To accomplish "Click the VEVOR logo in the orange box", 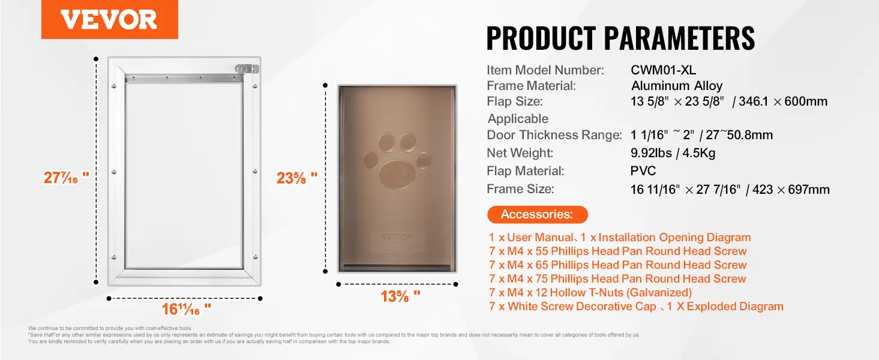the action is click(x=109, y=20).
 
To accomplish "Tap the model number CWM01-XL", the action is click(x=663, y=70).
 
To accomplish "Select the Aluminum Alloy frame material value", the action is click(x=677, y=86).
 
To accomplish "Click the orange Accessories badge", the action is click(x=537, y=214).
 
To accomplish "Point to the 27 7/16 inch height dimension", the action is click(x=67, y=178).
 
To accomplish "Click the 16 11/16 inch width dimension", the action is click(x=187, y=309).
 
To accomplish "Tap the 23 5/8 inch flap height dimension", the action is click(x=296, y=178).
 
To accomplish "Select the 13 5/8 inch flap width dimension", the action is click(x=400, y=296).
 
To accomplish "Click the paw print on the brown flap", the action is click(x=397, y=161).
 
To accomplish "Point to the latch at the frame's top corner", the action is click(x=247, y=69).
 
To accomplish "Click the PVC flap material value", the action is click(x=643, y=171).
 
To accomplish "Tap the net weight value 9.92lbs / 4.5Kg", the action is click(x=673, y=153).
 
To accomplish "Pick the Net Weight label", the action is click(x=520, y=153).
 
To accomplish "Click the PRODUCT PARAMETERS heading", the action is click(x=620, y=38).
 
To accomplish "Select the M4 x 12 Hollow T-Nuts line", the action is click(x=590, y=292).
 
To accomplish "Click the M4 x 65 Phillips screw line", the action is click(x=617, y=265).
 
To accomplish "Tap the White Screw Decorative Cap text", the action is click(x=582, y=306).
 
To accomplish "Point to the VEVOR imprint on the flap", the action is click(x=397, y=237).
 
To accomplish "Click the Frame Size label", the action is click(x=520, y=189).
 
